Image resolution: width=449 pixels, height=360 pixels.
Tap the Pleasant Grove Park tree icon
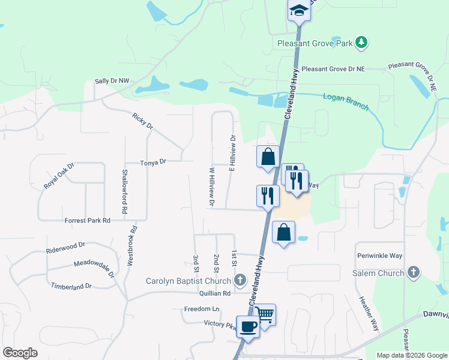tap(361, 43)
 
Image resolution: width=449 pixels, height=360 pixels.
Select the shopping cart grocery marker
tap(265, 314)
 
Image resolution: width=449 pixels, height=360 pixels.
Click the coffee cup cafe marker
tap(247, 327)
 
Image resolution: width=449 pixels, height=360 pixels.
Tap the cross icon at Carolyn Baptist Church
tap(240, 280)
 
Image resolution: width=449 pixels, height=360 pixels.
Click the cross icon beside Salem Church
tap(412, 272)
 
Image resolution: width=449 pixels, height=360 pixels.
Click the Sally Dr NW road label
tap(112, 81)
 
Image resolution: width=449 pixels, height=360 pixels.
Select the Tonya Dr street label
tap(152, 162)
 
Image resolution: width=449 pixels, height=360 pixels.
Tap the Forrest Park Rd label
tap(88, 220)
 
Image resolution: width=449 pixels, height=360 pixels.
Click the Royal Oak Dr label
tap(58, 176)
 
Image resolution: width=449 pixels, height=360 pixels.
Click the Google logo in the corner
tap(20, 353)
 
